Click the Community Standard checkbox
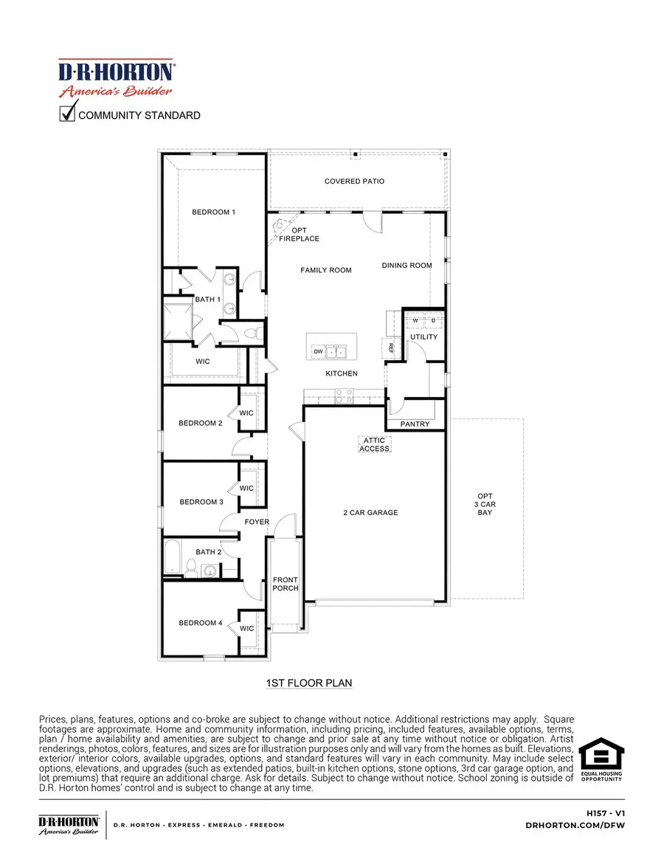click(x=68, y=114)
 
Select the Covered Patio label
click(x=354, y=182)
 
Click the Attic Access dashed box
click(x=374, y=444)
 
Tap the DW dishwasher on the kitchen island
click(x=319, y=352)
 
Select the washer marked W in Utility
click(x=415, y=321)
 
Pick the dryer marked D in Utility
click(x=433, y=321)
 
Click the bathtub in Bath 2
click(x=173, y=559)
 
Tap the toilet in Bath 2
click(x=191, y=569)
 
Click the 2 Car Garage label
click(x=370, y=512)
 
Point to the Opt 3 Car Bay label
click(x=485, y=504)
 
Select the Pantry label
click(x=415, y=424)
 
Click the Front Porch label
click(x=286, y=584)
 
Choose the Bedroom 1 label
click(x=213, y=213)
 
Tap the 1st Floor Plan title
click(x=308, y=684)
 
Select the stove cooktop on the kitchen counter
click(x=344, y=400)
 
